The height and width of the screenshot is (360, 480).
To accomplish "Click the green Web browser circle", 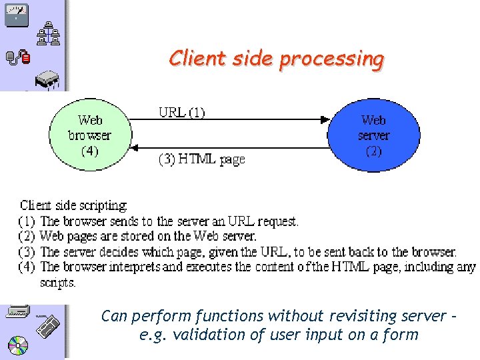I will coord(89,135).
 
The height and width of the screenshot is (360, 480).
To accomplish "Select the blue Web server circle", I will coord(373,135).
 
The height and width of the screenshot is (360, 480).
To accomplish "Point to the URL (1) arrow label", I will coord(181,112).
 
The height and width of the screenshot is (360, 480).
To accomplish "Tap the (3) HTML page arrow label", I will coord(201,159).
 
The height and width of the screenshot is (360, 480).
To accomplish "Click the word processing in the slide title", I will coord(331,59).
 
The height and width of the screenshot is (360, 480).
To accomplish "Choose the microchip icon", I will coord(47,80).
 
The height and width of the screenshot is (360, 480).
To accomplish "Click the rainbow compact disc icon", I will coord(19,346).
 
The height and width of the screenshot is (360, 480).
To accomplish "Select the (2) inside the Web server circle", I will coord(373,151).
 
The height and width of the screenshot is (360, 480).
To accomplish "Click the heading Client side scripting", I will coord(73,205).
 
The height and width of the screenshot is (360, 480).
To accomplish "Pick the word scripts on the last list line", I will coord(58,283).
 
